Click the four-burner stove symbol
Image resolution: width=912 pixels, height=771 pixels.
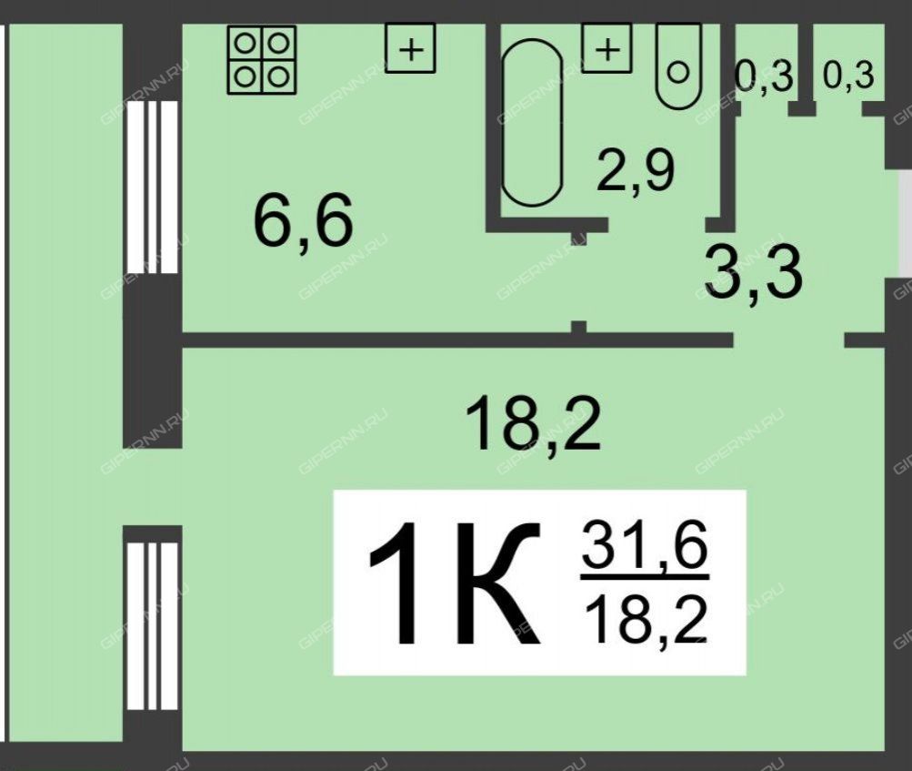[x=262, y=60]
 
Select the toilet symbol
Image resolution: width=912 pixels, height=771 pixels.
[x=678, y=66]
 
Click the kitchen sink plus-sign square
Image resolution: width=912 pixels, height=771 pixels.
[x=411, y=48]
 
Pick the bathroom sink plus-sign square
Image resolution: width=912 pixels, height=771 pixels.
[x=606, y=48]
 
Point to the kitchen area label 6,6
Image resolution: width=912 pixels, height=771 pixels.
[x=303, y=221]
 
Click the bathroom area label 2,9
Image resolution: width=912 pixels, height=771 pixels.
[x=636, y=170]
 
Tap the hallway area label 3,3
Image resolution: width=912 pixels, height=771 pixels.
[x=753, y=272]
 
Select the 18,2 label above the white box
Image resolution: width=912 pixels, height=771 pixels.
[x=532, y=422]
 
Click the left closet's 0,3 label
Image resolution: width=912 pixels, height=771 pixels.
[x=764, y=76]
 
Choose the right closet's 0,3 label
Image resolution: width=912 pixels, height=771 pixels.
[x=848, y=76]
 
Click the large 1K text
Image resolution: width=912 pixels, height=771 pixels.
[x=455, y=583]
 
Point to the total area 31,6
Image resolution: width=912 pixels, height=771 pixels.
[x=645, y=545]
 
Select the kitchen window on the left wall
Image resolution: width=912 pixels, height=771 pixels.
[x=152, y=187]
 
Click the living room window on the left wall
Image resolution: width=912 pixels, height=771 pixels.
[x=152, y=626]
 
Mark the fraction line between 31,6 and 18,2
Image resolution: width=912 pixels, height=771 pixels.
[x=645, y=577]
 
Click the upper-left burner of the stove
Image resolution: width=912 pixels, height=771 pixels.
[x=245, y=43]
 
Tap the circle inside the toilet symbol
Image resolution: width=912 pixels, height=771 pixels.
[x=678, y=73]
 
